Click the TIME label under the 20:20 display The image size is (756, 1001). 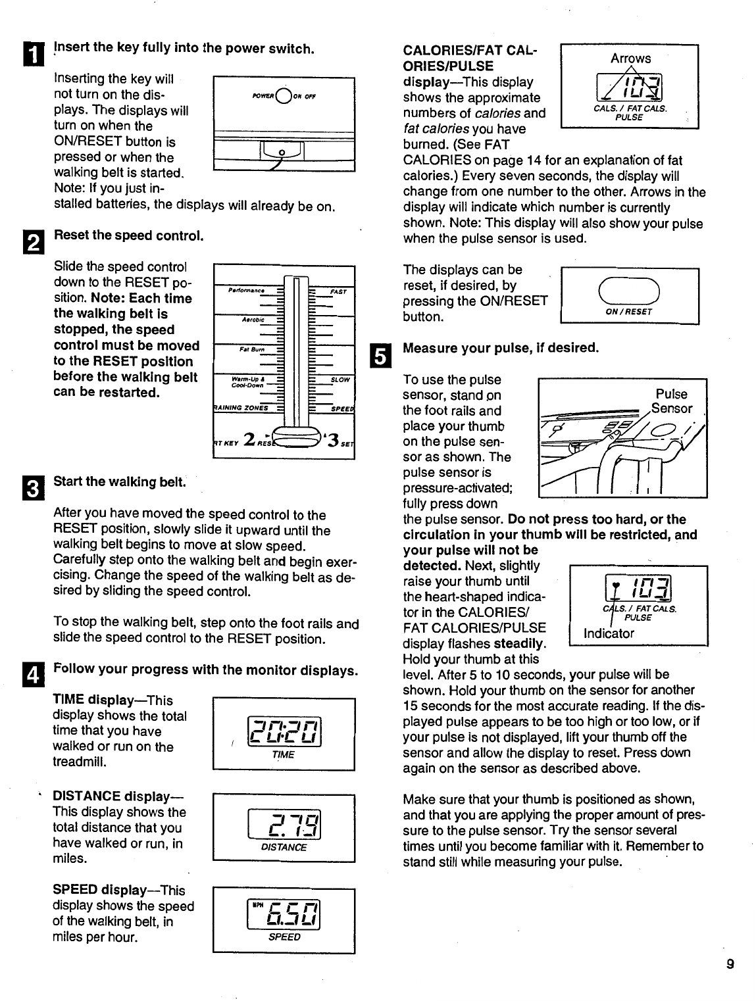283,755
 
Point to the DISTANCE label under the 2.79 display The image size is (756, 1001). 284,848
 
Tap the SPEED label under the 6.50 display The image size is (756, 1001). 284,937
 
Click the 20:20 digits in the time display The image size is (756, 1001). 284,730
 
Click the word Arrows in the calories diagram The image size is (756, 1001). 630,58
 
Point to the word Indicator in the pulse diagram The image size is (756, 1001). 609,633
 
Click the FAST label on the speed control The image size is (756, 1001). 338,291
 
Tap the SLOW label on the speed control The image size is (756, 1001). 340,379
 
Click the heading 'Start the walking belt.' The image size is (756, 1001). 118,481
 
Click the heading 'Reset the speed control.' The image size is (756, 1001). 128,235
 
